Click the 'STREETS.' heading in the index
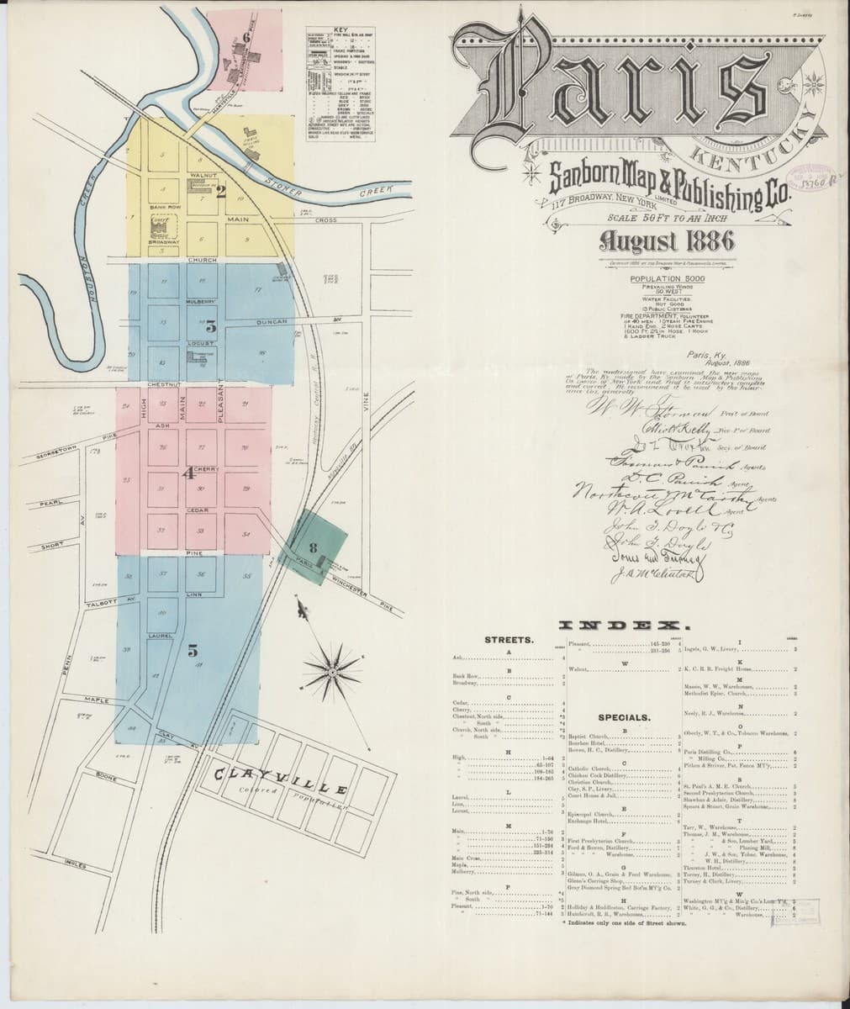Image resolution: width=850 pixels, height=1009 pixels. point(507,640)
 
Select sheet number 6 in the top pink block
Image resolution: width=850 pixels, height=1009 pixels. point(246,36)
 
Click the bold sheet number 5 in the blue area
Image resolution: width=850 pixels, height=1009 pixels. point(193,650)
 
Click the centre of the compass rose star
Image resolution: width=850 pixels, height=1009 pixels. point(333,671)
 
